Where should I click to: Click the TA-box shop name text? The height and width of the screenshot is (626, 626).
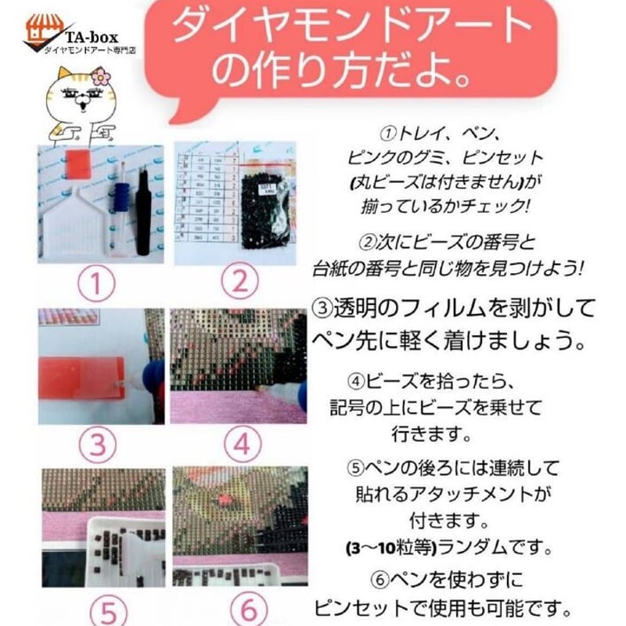[92, 37]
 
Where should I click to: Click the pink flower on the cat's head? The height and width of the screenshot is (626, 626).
[101, 76]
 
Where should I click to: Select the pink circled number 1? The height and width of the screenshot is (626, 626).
[96, 282]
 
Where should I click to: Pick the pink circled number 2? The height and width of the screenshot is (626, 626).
[239, 282]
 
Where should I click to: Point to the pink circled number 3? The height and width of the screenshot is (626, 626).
[97, 444]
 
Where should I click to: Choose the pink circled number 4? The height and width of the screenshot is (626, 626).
[243, 444]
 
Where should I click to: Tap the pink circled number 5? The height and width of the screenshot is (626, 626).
[108, 611]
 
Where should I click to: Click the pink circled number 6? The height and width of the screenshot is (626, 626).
[248, 610]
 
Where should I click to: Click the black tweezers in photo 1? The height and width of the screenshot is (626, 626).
[143, 211]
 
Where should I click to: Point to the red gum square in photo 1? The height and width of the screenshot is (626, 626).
[77, 164]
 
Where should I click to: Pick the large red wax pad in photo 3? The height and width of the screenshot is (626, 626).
[82, 378]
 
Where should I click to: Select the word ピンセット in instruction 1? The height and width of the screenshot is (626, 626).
[502, 158]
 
